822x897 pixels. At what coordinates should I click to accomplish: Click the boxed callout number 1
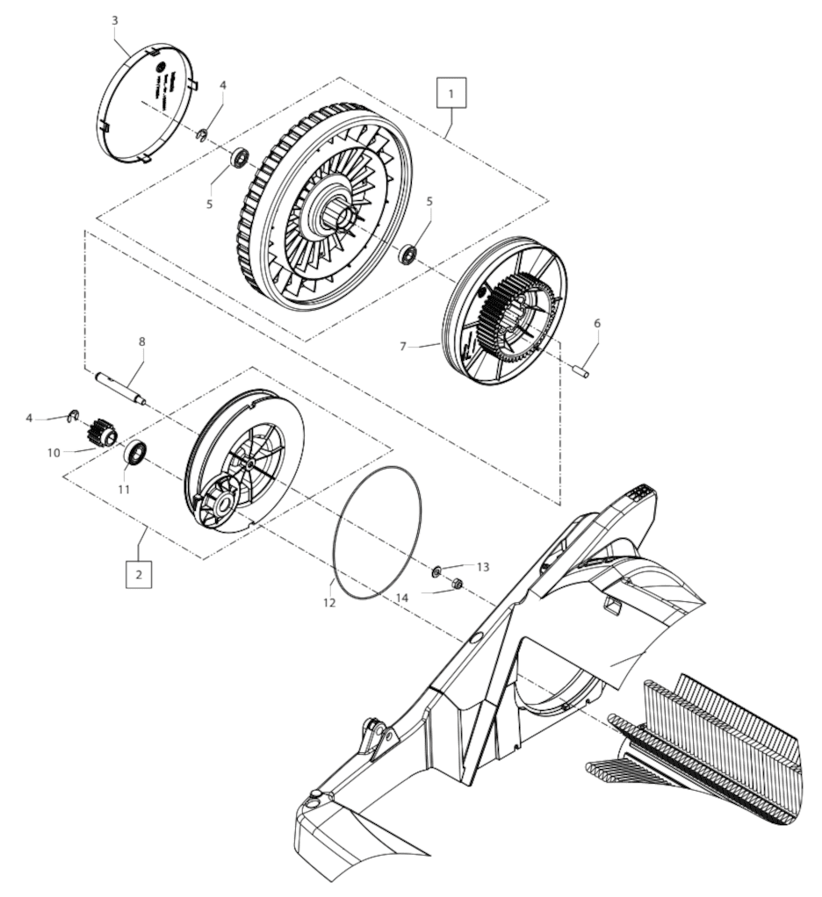pyautogui.click(x=451, y=93)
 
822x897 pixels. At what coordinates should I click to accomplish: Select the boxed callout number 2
pyautogui.click(x=139, y=574)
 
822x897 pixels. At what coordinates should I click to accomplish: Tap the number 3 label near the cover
pyautogui.click(x=115, y=20)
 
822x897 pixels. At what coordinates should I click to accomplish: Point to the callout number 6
pyautogui.click(x=597, y=323)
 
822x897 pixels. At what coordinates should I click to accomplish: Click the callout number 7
pyautogui.click(x=403, y=347)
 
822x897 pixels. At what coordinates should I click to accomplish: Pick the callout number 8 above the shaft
pyautogui.click(x=142, y=341)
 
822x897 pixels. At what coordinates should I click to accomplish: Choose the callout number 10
pyautogui.click(x=54, y=453)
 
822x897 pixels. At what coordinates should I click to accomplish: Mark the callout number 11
pyautogui.click(x=124, y=489)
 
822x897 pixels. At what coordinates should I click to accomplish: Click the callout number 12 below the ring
pyautogui.click(x=329, y=602)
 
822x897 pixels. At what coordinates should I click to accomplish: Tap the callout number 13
pyautogui.click(x=483, y=566)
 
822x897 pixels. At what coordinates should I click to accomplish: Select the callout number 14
pyautogui.click(x=402, y=598)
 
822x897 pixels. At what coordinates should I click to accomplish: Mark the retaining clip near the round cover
pyautogui.click(x=202, y=135)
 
